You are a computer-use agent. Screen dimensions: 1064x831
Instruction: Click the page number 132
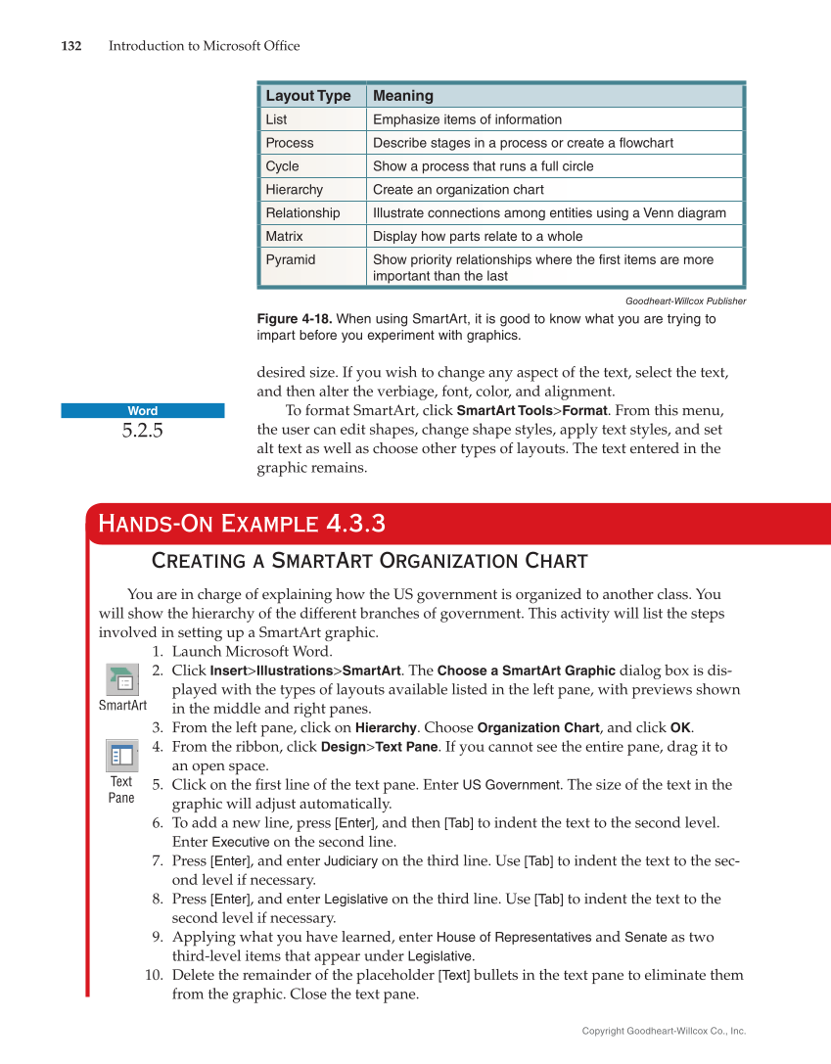pyautogui.click(x=70, y=46)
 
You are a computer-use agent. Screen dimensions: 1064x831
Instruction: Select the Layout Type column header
pyautogui.click(x=307, y=96)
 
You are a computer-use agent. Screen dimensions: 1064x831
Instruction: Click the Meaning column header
pyautogui.click(x=402, y=96)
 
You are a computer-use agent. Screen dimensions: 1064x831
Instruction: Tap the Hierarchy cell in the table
pyautogui.click(x=294, y=190)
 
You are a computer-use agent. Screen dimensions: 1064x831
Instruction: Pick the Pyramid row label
pyautogui.click(x=290, y=260)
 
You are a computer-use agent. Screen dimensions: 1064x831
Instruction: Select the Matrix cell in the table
pyautogui.click(x=284, y=237)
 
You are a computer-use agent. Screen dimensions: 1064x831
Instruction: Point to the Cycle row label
pyautogui.click(x=282, y=166)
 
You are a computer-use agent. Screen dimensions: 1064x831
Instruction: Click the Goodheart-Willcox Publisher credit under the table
pyautogui.click(x=685, y=301)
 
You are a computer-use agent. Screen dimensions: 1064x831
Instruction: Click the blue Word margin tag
pyautogui.click(x=142, y=411)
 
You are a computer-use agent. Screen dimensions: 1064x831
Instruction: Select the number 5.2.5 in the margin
pyautogui.click(x=142, y=431)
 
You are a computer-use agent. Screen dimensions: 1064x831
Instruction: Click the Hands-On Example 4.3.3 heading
pyautogui.click(x=241, y=525)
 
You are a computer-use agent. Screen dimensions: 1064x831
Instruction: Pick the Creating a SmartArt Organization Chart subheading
pyautogui.click(x=369, y=561)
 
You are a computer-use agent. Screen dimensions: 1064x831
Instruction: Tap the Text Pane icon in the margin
pyautogui.click(x=121, y=756)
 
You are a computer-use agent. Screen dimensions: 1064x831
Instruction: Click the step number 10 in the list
pyautogui.click(x=154, y=975)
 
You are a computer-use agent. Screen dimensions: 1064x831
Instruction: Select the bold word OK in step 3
pyautogui.click(x=680, y=727)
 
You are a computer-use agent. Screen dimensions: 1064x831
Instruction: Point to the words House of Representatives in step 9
pyautogui.click(x=513, y=937)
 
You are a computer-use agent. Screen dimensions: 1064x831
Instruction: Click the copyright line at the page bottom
pyautogui.click(x=664, y=1031)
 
